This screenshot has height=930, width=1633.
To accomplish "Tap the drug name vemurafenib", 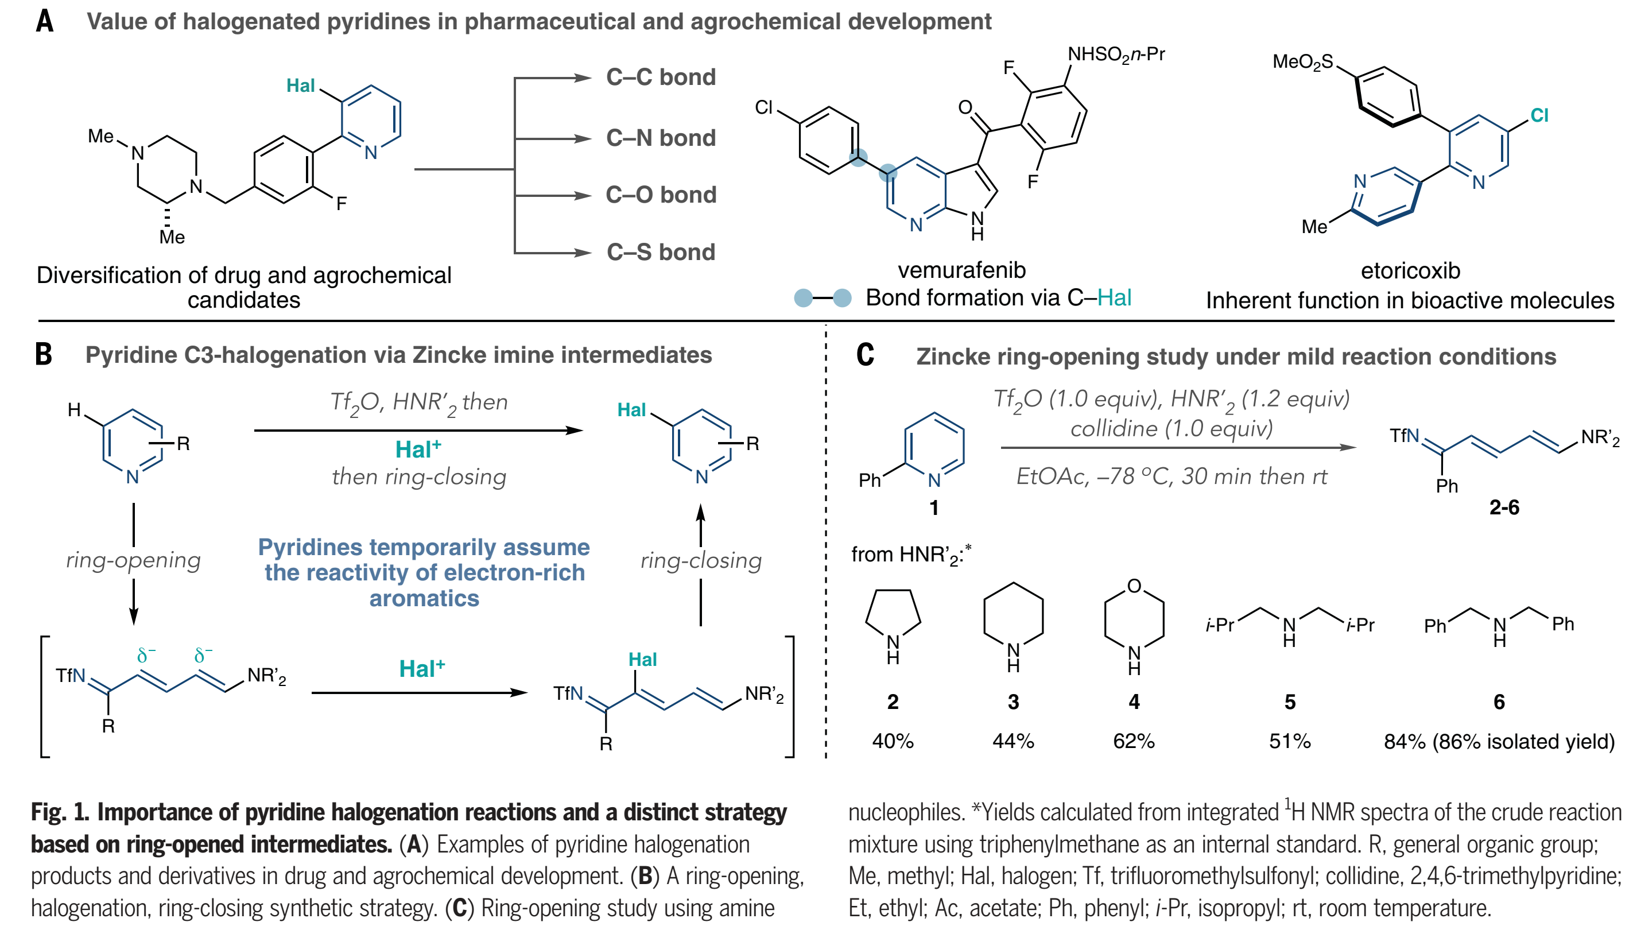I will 961,270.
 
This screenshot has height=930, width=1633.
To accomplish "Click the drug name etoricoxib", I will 1410,271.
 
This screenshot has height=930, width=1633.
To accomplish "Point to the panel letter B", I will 44,355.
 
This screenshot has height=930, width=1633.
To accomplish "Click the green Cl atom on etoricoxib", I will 1539,115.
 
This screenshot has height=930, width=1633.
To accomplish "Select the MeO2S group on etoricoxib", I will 1303,62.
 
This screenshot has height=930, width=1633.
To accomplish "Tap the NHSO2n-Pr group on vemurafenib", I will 1116,55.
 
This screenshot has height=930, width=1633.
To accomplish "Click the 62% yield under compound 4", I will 1134,741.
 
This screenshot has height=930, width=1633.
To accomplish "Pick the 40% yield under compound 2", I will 893,741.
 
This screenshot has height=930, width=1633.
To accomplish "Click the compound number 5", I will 1289,702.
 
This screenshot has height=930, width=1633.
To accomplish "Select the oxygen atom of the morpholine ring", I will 1134,586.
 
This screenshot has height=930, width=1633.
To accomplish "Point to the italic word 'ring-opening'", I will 133,560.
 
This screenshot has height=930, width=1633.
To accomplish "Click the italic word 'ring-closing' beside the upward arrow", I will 701,561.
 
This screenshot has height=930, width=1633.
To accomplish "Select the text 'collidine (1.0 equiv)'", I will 1172,428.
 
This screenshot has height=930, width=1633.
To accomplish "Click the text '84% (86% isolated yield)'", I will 1499,741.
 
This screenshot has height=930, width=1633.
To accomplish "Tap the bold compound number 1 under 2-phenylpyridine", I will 934,508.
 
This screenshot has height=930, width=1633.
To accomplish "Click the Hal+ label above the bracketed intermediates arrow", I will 421,669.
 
